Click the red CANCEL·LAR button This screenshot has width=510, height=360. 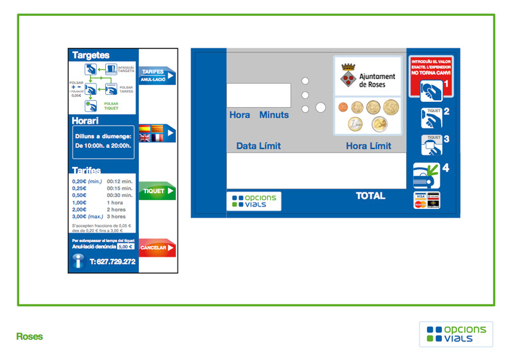pyautogui.click(x=157, y=247)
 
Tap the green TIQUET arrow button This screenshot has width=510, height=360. pyautogui.click(x=157, y=191)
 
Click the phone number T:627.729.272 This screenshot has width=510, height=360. pyautogui.click(x=112, y=261)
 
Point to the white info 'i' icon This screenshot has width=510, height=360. pyautogui.click(x=79, y=261)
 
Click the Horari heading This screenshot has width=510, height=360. pyautogui.click(x=85, y=120)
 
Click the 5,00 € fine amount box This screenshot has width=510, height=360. pyautogui.click(x=126, y=247)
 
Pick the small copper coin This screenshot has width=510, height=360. pyautogui.click(x=342, y=107)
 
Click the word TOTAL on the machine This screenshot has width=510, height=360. pyautogui.click(x=370, y=196)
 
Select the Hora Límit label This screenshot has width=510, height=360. pyautogui.click(x=368, y=146)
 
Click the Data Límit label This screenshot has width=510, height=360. pyautogui.click(x=258, y=146)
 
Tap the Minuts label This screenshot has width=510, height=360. pyautogui.click(x=273, y=115)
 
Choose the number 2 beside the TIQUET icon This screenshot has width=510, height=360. pyautogui.click(x=447, y=112)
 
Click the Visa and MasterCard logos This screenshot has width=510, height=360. pyautogui.click(x=426, y=200)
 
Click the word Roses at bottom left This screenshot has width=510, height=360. pyautogui.click(x=29, y=336)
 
